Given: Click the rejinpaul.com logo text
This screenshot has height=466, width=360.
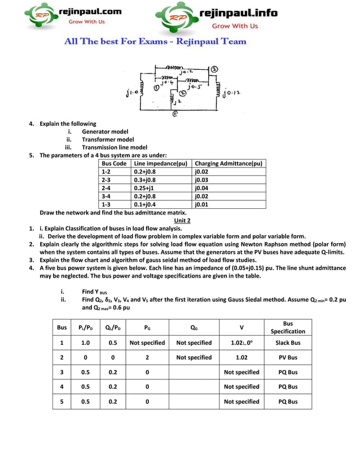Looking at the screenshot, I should click(x=90, y=11).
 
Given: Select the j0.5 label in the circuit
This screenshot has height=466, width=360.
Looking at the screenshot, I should click(x=192, y=87).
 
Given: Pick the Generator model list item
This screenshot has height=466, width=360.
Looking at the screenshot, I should click(x=105, y=131).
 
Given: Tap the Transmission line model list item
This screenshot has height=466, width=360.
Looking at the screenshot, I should click(x=114, y=147).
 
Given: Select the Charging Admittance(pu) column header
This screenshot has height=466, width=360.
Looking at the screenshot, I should click(x=228, y=164).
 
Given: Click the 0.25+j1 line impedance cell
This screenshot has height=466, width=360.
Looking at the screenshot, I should click(x=144, y=188).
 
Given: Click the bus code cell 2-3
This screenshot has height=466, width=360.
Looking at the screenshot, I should click(x=106, y=180).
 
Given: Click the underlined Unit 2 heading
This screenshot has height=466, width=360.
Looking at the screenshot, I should click(x=182, y=221).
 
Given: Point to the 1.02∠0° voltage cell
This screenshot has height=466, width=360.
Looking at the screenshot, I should click(x=242, y=342).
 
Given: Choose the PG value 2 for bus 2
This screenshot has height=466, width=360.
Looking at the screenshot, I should click(x=147, y=357).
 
